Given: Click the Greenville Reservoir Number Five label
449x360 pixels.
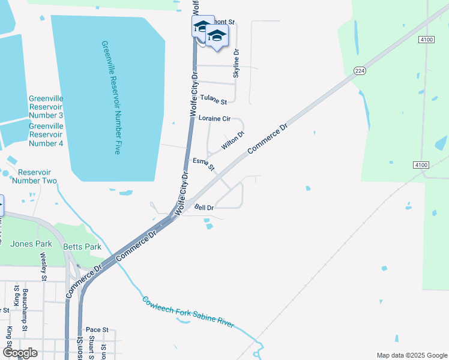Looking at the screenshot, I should (x=112, y=98).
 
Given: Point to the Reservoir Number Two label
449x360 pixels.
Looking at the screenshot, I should (x=34, y=176).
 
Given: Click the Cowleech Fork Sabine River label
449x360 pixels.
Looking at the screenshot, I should (x=188, y=313).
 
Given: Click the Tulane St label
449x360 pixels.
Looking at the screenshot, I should (x=214, y=98).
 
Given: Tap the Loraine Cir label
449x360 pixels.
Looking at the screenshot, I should (x=214, y=119).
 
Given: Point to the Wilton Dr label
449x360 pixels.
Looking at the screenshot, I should (x=233, y=141).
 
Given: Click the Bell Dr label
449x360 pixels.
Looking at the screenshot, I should (x=204, y=208).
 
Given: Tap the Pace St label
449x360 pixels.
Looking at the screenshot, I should (x=97, y=330).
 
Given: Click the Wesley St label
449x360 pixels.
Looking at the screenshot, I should (x=43, y=266).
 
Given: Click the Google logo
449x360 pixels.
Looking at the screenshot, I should (x=20, y=353).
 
